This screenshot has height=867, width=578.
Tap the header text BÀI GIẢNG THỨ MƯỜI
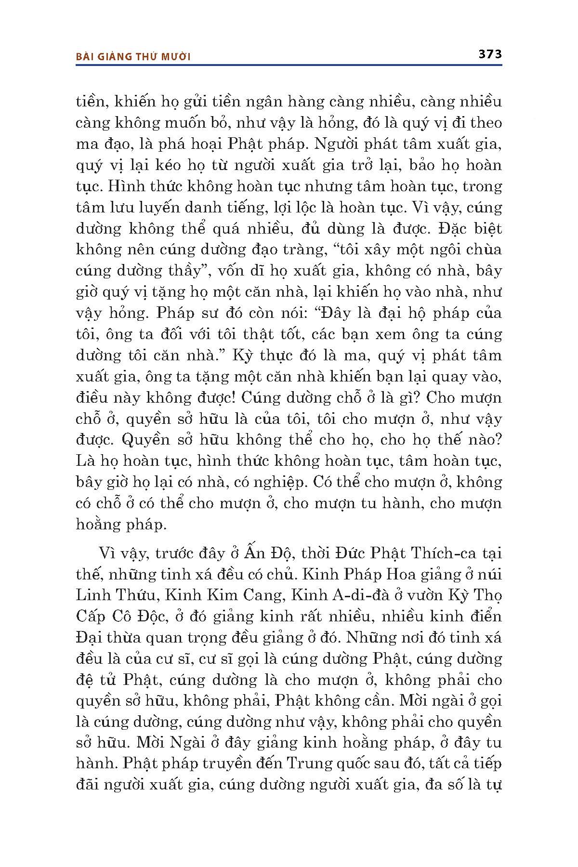coord(133,57)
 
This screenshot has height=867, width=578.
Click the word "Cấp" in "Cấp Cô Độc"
coord(92,616)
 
